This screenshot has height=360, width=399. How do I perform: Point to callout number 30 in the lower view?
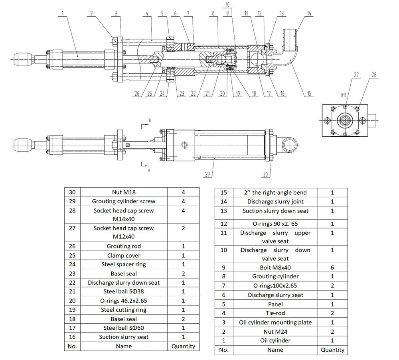point(267,175)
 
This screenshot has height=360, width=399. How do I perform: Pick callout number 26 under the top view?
point(137,94)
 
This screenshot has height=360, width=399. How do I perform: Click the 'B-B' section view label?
point(343,95)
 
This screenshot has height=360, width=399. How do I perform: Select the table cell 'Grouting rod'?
point(124,246)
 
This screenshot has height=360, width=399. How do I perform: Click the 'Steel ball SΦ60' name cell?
point(124,328)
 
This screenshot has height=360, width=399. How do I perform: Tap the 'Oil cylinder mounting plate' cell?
point(275,322)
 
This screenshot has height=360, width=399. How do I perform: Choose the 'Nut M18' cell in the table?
point(124,192)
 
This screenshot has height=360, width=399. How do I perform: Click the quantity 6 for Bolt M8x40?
point(332,268)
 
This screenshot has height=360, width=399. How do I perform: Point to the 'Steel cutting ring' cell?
point(124,310)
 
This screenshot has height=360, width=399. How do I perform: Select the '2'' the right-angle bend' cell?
point(275,193)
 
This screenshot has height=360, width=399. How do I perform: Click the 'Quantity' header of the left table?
point(183,346)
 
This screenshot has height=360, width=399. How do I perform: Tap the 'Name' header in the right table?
point(275,350)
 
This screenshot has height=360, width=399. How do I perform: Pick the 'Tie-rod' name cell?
point(275,313)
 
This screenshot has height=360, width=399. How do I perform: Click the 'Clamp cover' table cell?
point(124,256)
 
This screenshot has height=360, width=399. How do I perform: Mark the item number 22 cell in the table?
point(72,283)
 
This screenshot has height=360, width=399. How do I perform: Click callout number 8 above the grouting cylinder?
point(214,13)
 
